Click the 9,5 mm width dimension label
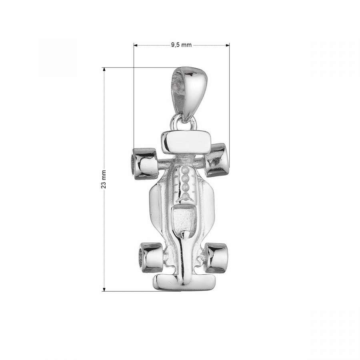pyautogui.click(x=181, y=45)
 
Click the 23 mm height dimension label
pyautogui.click(x=104, y=179)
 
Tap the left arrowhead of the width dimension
pyautogui.click(x=136, y=45)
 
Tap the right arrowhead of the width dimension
pyautogui.click(x=228, y=45)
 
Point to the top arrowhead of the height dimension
pyautogui.click(x=104, y=69)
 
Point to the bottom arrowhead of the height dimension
pyautogui.click(x=104, y=290)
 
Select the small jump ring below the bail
pyautogui.click(x=184, y=123)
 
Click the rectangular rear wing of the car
pyautogui.click(x=186, y=142)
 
